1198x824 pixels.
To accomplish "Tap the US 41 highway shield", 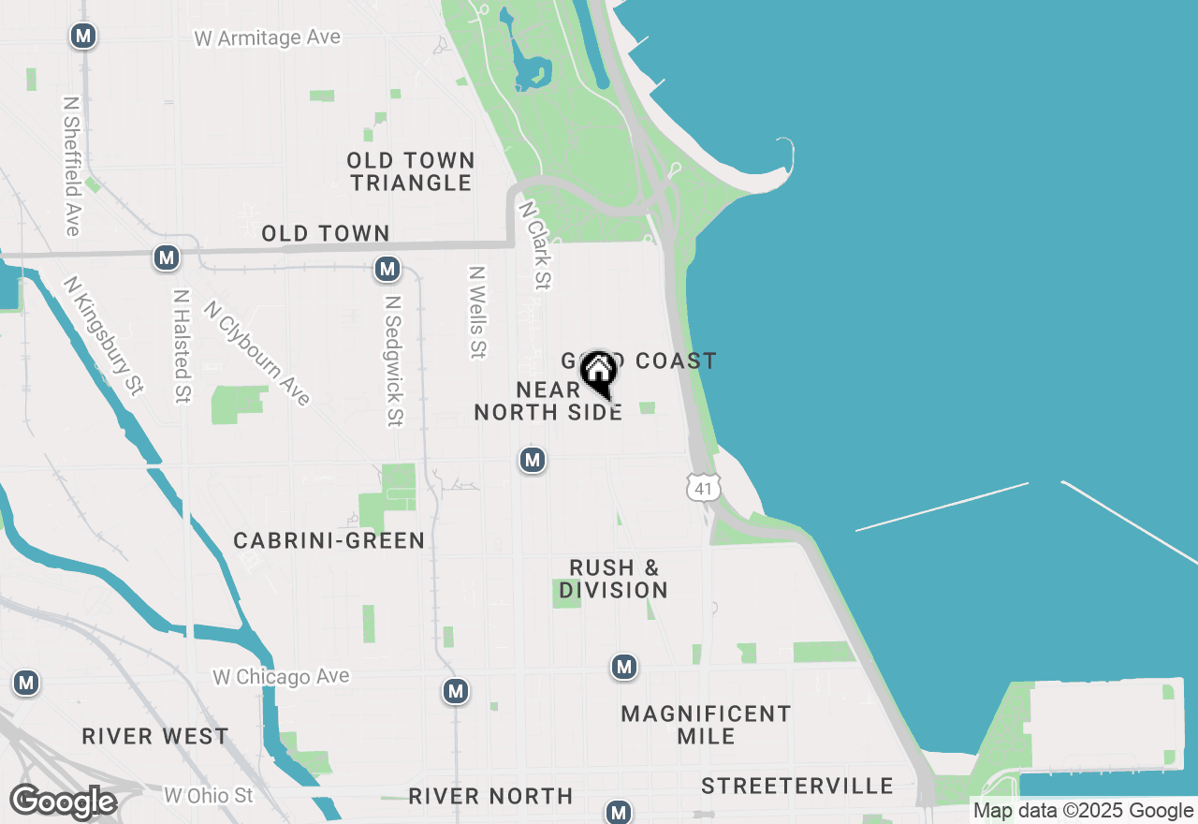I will click(703, 486).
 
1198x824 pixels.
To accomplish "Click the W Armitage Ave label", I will click(268, 37).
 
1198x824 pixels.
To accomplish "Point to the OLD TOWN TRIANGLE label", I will click(412, 171).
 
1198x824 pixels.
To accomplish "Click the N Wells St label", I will click(477, 312).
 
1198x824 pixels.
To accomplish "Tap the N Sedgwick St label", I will click(393, 361).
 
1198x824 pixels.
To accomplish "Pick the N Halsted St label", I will click(182, 346).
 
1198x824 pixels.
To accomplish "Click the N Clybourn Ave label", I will click(256, 352).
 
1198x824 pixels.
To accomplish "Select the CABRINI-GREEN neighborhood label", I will click(329, 540).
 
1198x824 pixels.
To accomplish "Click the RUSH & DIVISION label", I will click(614, 579).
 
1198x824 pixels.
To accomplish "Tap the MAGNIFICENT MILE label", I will click(706, 725).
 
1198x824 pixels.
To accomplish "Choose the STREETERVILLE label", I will click(797, 785).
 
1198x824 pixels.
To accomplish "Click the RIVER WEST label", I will click(155, 736).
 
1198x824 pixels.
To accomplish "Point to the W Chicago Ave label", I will click(281, 676).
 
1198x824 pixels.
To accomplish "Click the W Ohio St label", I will click(209, 796).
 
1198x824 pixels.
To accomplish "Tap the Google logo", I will click(63, 802).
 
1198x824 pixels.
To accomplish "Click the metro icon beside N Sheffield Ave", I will click(84, 37).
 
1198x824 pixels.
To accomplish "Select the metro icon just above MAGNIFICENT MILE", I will click(624, 668).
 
